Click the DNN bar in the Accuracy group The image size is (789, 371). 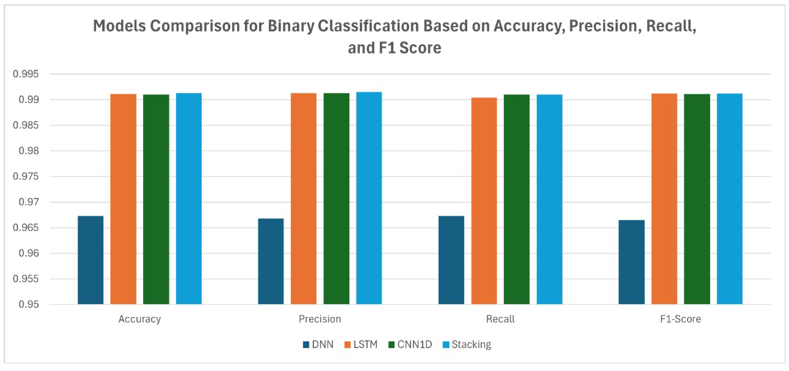pos(90,260)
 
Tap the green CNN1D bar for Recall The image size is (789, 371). pos(516,199)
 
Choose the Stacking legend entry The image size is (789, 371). pos(467,345)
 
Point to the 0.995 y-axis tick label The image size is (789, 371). pos(26,74)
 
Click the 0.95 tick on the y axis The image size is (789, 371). pos(29,304)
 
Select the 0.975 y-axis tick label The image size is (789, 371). pos(26,176)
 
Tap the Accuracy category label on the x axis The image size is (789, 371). pos(140,319)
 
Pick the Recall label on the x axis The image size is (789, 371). pos(500,319)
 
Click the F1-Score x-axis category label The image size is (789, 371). pos(680,319)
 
